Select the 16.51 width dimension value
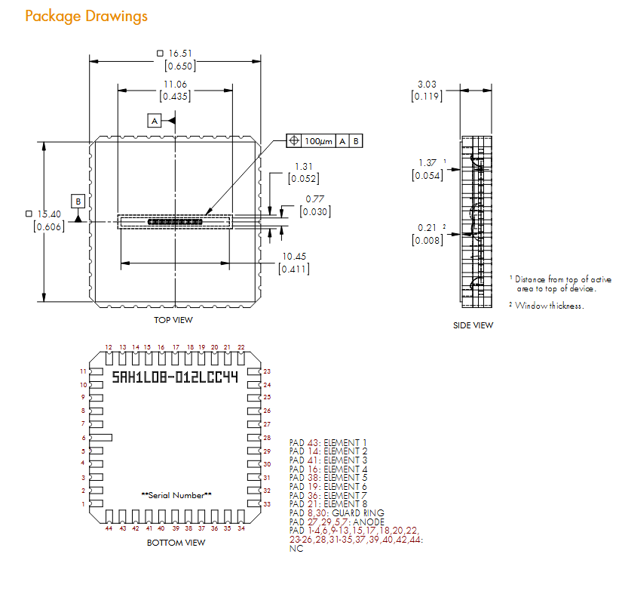[x=182, y=54]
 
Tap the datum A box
[x=155, y=121]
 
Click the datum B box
[x=78, y=201]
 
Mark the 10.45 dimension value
[x=294, y=257]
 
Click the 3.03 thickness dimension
[x=427, y=85]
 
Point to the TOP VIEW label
[x=173, y=320]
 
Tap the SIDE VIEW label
[x=473, y=325]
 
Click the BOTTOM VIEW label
[x=176, y=543]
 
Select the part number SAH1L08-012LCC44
[x=175, y=377]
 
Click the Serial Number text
[x=176, y=495]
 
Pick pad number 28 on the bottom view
[x=267, y=438]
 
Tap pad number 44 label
[x=109, y=528]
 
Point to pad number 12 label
[x=109, y=347]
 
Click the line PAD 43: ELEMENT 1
[x=329, y=442]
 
